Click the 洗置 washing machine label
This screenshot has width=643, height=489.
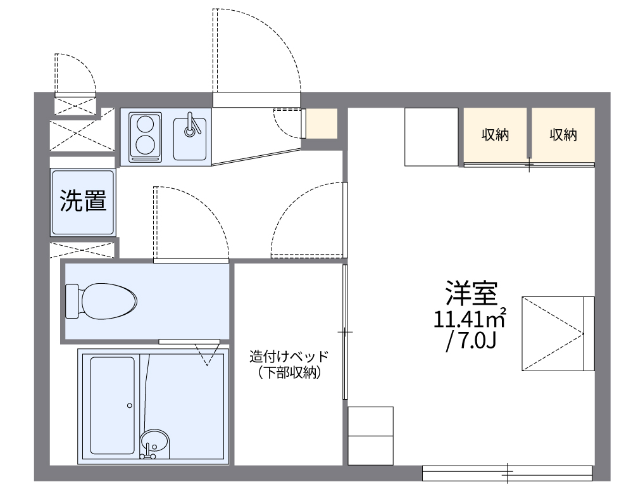(83, 201)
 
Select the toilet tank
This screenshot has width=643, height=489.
(72, 300)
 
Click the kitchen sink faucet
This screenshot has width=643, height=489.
(190, 125)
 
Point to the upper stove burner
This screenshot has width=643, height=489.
(145, 122)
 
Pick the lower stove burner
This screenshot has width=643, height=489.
(145, 144)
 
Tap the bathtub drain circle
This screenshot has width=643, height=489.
(129, 405)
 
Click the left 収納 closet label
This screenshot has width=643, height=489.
(495, 135)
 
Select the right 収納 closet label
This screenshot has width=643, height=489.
(563, 135)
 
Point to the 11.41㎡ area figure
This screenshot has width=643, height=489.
(469, 318)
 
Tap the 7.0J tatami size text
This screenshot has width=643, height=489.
(471, 341)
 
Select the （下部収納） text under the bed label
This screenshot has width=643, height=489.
(289, 373)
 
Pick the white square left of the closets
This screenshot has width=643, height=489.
(431, 137)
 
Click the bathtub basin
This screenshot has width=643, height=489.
(112, 405)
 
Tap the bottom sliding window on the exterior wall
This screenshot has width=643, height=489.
(507, 471)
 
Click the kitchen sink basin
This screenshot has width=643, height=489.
(190, 137)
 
